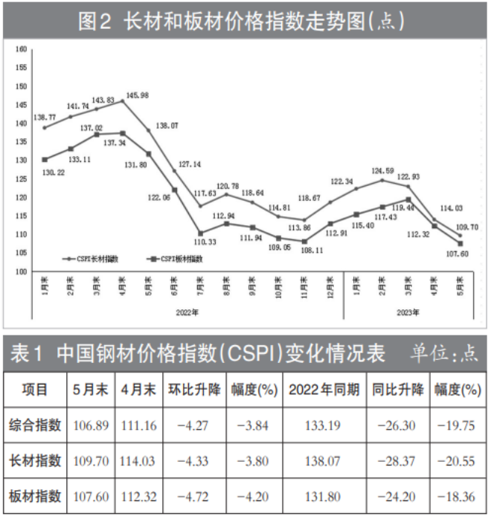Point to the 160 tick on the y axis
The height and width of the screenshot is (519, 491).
(x=21, y=50)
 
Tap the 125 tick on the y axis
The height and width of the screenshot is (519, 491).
(x=21, y=178)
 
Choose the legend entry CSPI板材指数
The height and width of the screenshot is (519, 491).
(x=177, y=259)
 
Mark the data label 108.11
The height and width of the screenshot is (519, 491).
(x=307, y=251)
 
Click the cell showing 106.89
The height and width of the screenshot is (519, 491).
(x=92, y=425)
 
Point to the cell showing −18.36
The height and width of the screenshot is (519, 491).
(x=457, y=496)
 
